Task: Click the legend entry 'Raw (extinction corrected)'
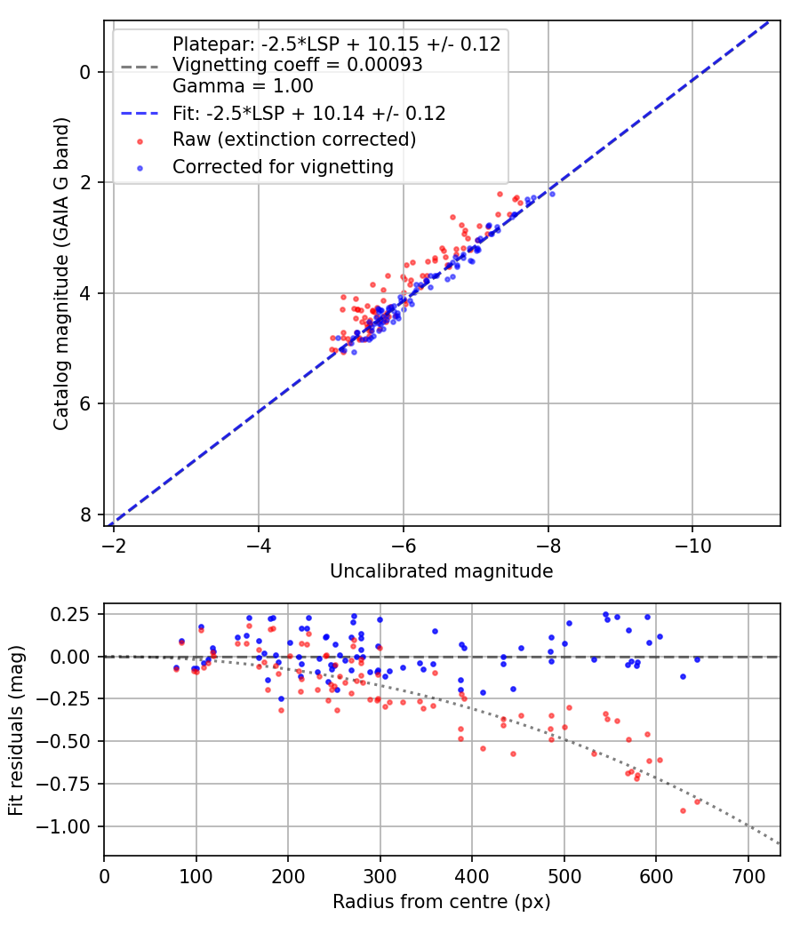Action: (294, 140)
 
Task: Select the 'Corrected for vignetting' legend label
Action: (283, 167)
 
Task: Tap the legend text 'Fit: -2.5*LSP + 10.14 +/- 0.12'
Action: (309, 113)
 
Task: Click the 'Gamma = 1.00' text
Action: (243, 86)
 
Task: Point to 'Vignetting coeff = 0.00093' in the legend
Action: (298, 64)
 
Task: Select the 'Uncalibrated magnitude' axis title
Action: (442, 571)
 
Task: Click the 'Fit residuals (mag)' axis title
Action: (16, 730)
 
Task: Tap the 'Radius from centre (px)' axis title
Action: (442, 902)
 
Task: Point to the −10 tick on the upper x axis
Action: (692, 546)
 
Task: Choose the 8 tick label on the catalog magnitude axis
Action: (85, 514)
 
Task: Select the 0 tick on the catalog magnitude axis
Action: (85, 73)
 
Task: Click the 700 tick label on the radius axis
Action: (748, 876)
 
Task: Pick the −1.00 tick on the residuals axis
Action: (64, 827)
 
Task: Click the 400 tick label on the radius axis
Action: (472, 876)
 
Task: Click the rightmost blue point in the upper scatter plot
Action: (552, 194)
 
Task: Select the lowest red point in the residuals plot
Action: (684, 811)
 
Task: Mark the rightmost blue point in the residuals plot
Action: (697, 659)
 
